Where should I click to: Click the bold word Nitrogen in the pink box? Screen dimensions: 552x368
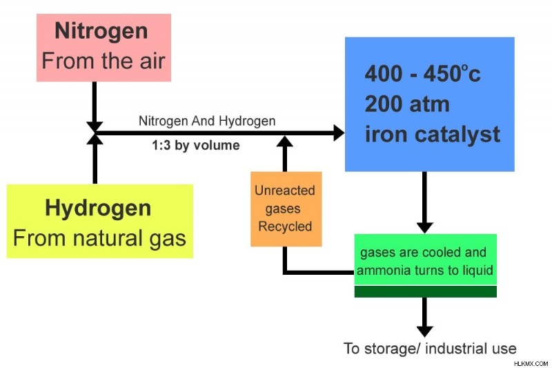(101, 32)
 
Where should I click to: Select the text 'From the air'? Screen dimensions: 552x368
(103, 61)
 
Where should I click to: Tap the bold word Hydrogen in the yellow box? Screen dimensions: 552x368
(98, 209)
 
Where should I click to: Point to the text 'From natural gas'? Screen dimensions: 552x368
(99, 238)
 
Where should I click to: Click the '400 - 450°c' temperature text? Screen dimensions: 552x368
(422, 74)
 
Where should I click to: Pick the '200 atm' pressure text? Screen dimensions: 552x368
(407, 104)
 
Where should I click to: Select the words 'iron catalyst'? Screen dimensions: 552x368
(433, 135)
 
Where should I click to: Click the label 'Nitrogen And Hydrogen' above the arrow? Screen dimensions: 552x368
(207, 121)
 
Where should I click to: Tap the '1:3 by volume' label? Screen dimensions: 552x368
(196, 145)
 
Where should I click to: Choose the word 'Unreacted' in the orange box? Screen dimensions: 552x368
(285, 191)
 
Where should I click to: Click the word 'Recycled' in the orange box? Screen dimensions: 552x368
(285, 226)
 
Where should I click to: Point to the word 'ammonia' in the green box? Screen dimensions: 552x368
(384, 271)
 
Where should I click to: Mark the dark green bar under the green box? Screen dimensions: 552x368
(425, 291)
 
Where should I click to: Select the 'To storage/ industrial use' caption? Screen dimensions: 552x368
(430, 349)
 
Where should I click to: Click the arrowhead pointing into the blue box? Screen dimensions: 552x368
(339, 133)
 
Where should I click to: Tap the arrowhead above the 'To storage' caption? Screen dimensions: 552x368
(425, 331)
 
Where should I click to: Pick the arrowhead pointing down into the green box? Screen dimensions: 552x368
(425, 228)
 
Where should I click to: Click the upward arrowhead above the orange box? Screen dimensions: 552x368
(285, 142)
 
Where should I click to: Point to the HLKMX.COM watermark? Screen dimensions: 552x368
(531, 364)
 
